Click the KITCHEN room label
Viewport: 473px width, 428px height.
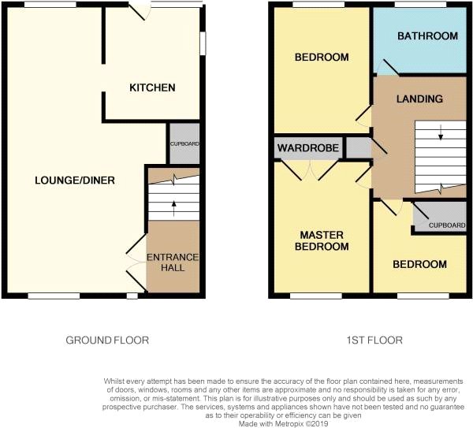152,87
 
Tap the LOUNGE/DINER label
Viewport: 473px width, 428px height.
75,181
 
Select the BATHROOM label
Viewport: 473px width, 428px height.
428,36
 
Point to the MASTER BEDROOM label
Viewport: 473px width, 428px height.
322,240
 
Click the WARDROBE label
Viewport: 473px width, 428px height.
308,148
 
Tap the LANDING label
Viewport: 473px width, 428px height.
419,99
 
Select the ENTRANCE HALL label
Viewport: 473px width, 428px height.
173,262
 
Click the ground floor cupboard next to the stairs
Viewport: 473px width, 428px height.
184,144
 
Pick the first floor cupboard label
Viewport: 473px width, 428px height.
447,225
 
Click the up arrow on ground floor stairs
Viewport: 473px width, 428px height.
173,208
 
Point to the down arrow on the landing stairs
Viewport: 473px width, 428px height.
441,132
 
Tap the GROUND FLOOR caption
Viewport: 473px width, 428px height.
107,341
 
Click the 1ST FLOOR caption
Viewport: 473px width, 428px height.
374,341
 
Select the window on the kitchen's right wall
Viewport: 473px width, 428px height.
203,43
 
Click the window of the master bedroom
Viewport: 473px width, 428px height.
316,296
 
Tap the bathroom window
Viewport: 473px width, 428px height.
420,5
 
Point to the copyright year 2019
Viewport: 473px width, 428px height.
320,424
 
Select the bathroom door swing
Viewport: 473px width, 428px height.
388,67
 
